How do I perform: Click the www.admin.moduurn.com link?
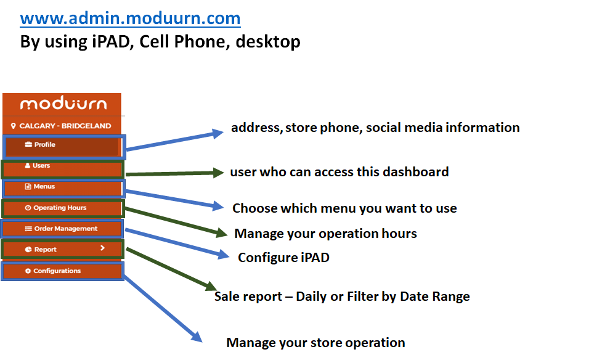point(130,18)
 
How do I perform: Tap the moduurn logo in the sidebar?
point(63,104)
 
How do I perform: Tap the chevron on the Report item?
point(102,248)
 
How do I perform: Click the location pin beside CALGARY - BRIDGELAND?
point(14,126)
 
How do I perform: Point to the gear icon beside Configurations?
point(28,271)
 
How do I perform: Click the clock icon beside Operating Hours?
point(28,208)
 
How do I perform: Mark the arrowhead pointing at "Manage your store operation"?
point(197,336)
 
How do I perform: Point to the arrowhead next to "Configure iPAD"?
point(224,255)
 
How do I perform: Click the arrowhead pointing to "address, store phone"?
point(218,133)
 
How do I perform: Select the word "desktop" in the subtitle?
point(268,41)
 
